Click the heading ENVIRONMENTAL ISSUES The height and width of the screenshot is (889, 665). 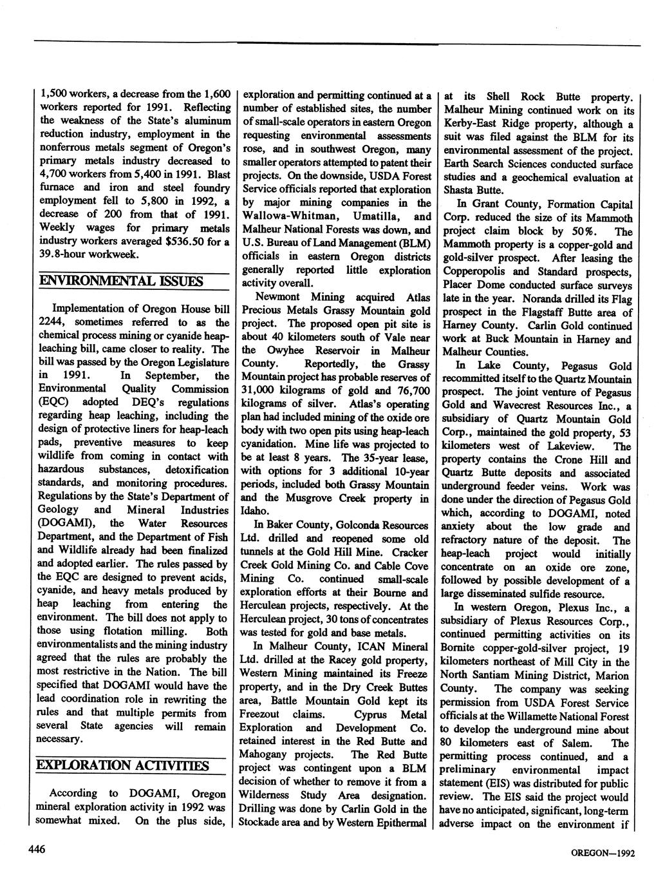pos(121,281)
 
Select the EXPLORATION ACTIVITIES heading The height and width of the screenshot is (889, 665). pos(123,765)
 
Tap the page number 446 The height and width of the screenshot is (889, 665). pos(36,850)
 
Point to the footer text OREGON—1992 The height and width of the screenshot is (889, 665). pos(603,853)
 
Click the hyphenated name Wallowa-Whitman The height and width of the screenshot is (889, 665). pos(285,216)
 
